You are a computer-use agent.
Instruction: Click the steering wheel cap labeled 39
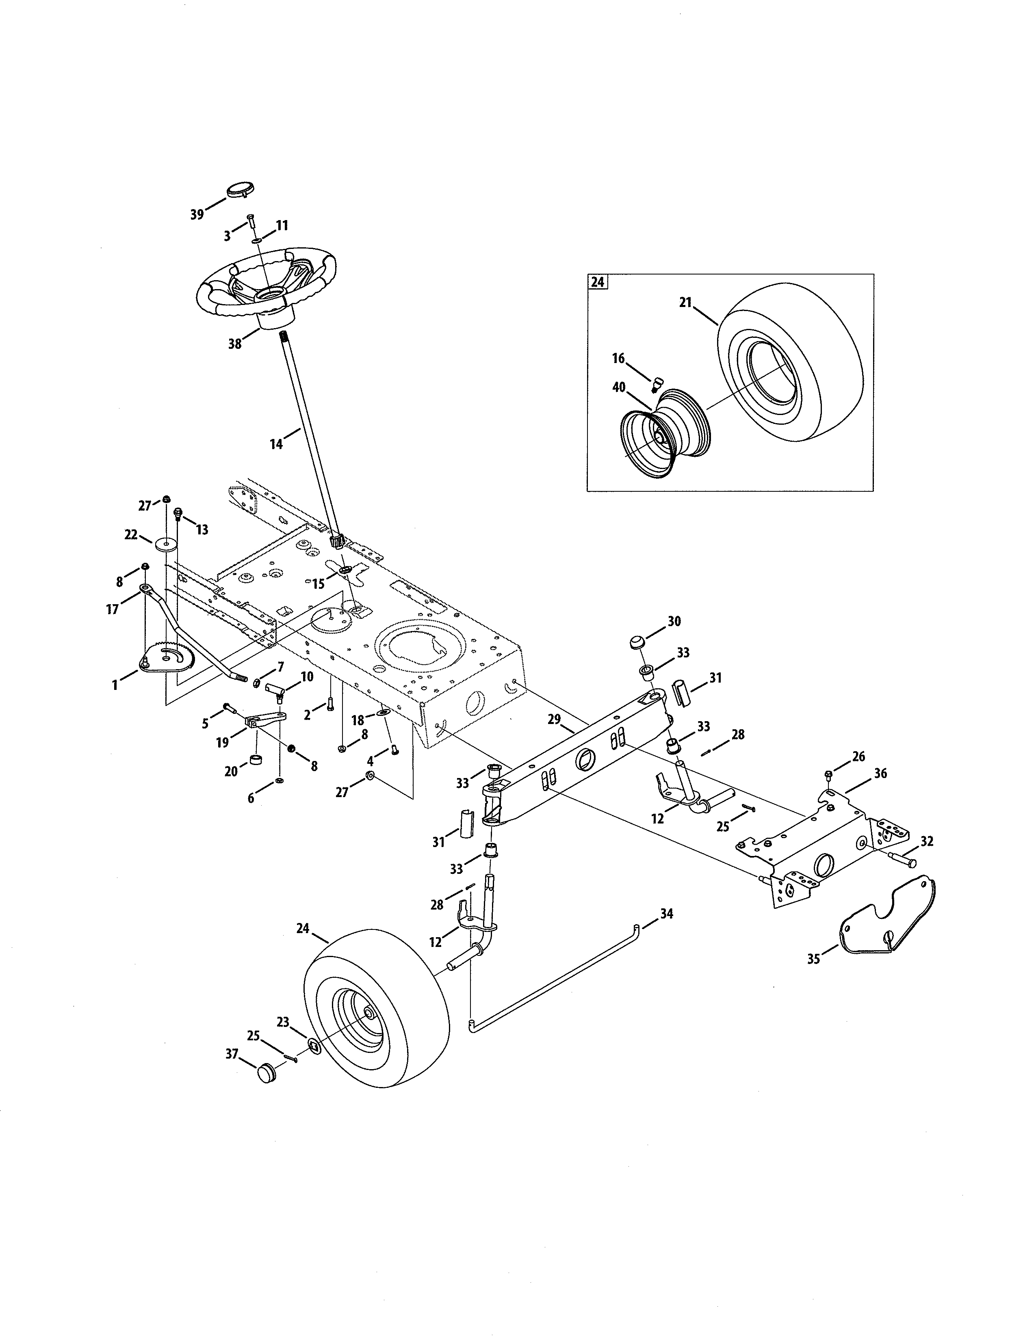[240, 190]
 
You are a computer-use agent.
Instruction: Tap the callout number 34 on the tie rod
[667, 931]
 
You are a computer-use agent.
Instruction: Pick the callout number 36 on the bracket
[880, 774]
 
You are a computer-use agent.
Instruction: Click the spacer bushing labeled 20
[256, 763]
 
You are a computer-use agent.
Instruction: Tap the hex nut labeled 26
[828, 774]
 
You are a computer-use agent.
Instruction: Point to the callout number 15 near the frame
[318, 584]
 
